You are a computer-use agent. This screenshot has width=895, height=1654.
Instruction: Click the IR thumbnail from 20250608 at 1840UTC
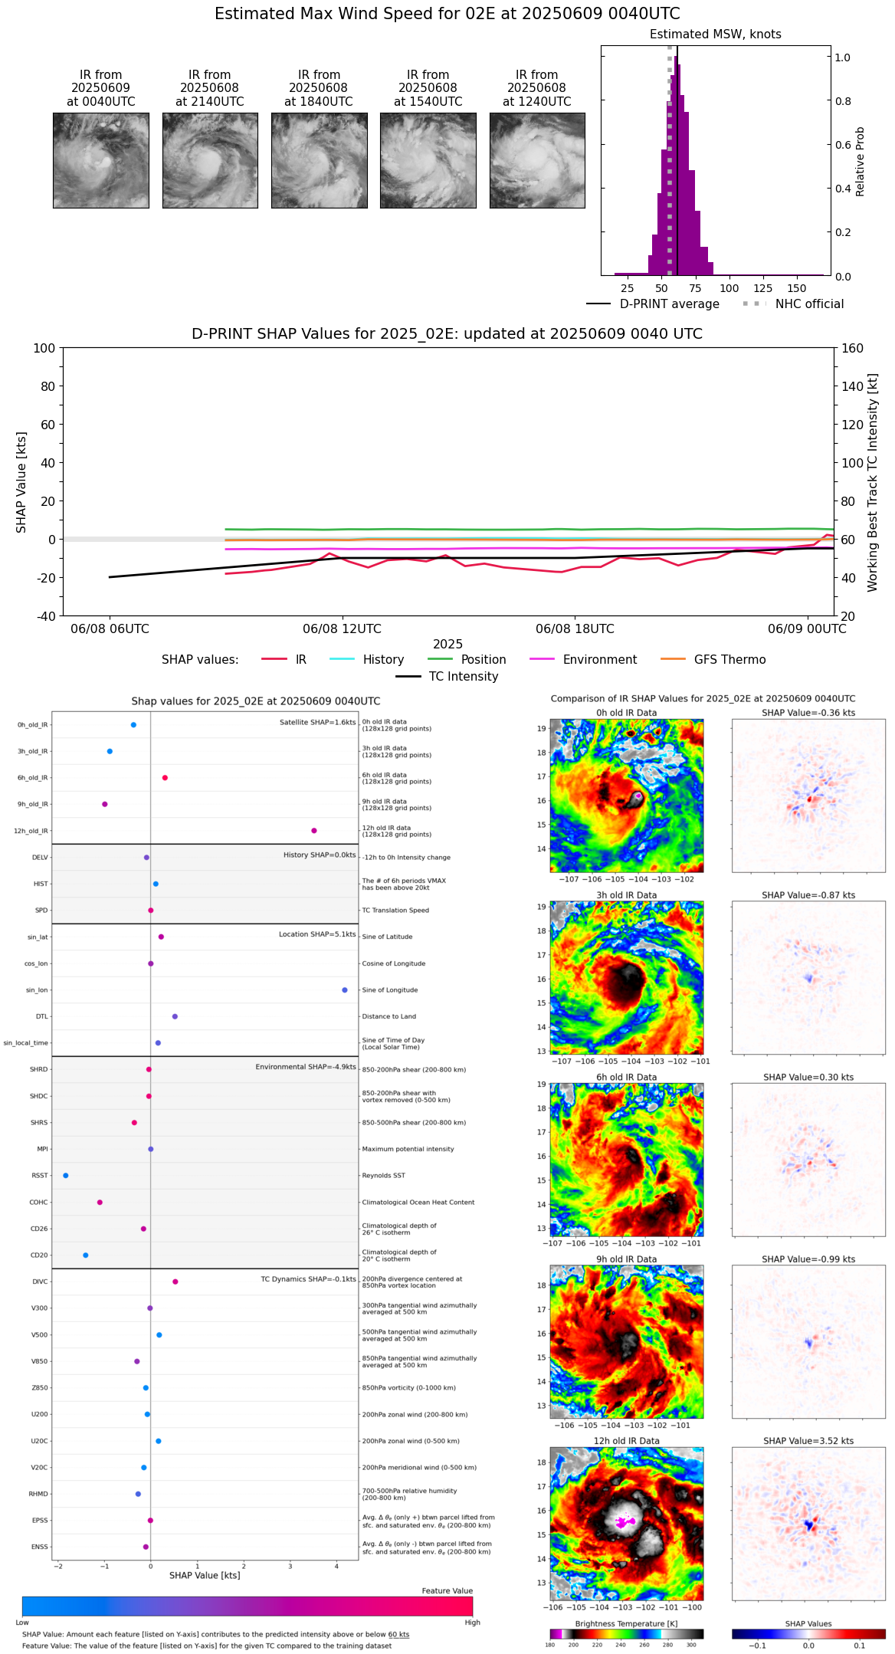point(319,160)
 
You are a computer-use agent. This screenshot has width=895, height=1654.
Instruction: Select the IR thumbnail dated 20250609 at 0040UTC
point(100,160)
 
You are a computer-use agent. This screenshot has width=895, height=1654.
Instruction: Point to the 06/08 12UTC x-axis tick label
point(342,629)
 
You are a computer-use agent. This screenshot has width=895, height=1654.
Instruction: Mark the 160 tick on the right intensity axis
point(853,349)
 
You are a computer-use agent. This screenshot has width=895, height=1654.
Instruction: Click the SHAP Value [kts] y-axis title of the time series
point(21,482)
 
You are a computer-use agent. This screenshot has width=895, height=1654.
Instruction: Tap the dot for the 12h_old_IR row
point(314,831)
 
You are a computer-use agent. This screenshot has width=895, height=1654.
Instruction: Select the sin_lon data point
point(345,990)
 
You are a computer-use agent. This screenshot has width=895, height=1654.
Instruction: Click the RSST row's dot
point(66,1176)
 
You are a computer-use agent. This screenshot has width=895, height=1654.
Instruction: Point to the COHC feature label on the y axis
point(38,1203)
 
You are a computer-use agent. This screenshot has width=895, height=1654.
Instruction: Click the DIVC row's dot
point(175,1282)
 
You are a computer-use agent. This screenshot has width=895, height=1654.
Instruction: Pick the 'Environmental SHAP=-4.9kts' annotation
point(305,1067)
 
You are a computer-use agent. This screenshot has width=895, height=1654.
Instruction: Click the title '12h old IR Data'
point(626,1441)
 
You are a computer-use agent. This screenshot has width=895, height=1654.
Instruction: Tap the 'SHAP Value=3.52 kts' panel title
point(808,1441)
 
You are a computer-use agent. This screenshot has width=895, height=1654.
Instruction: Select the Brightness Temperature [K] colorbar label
point(626,1623)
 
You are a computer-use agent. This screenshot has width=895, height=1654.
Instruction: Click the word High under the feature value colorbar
point(472,1622)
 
